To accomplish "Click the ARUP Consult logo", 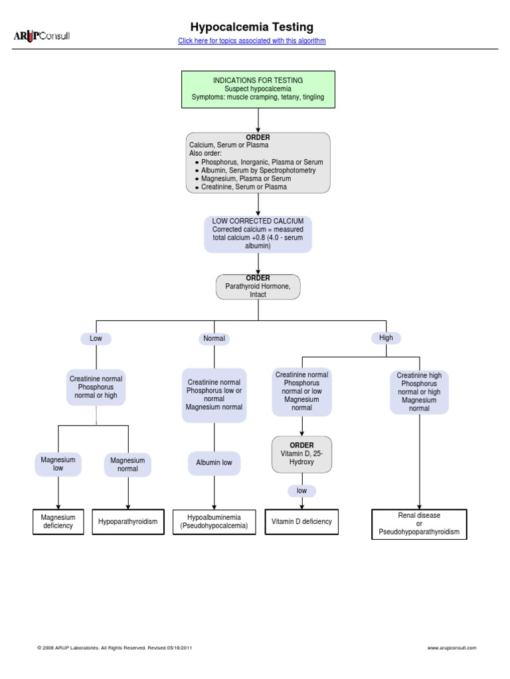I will [x=42, y=36].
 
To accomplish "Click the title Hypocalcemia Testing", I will [x=252, y=27].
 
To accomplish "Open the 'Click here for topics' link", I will [x=252, y=41].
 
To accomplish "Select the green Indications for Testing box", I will [x=258, y=89].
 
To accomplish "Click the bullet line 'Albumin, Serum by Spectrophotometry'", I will [x=258, y=170].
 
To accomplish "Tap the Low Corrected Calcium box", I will [x=258, y=233].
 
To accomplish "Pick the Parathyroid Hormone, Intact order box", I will [x=258, y=286].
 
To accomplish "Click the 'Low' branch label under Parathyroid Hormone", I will [x=96, y=338].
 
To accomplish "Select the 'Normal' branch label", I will [x=214, y=338].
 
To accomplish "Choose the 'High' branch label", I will [x=386, y=338].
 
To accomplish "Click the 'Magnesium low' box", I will [x=58, y=464].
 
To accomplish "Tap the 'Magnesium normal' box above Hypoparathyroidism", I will [x=127, y=465].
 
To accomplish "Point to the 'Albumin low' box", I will [x=214, y=463].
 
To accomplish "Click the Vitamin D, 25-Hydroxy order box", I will [x=301, y=454].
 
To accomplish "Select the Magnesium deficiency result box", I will [x=58, y=522].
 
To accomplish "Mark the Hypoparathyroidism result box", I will [x=128, y=522].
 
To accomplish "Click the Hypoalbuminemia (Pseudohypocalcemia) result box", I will [x=214, y=522].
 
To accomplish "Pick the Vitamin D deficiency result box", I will [x=301, y=522].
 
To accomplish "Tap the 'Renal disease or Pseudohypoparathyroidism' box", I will [x=419, y=524].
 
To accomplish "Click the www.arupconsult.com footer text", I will [x=452, y=648].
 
